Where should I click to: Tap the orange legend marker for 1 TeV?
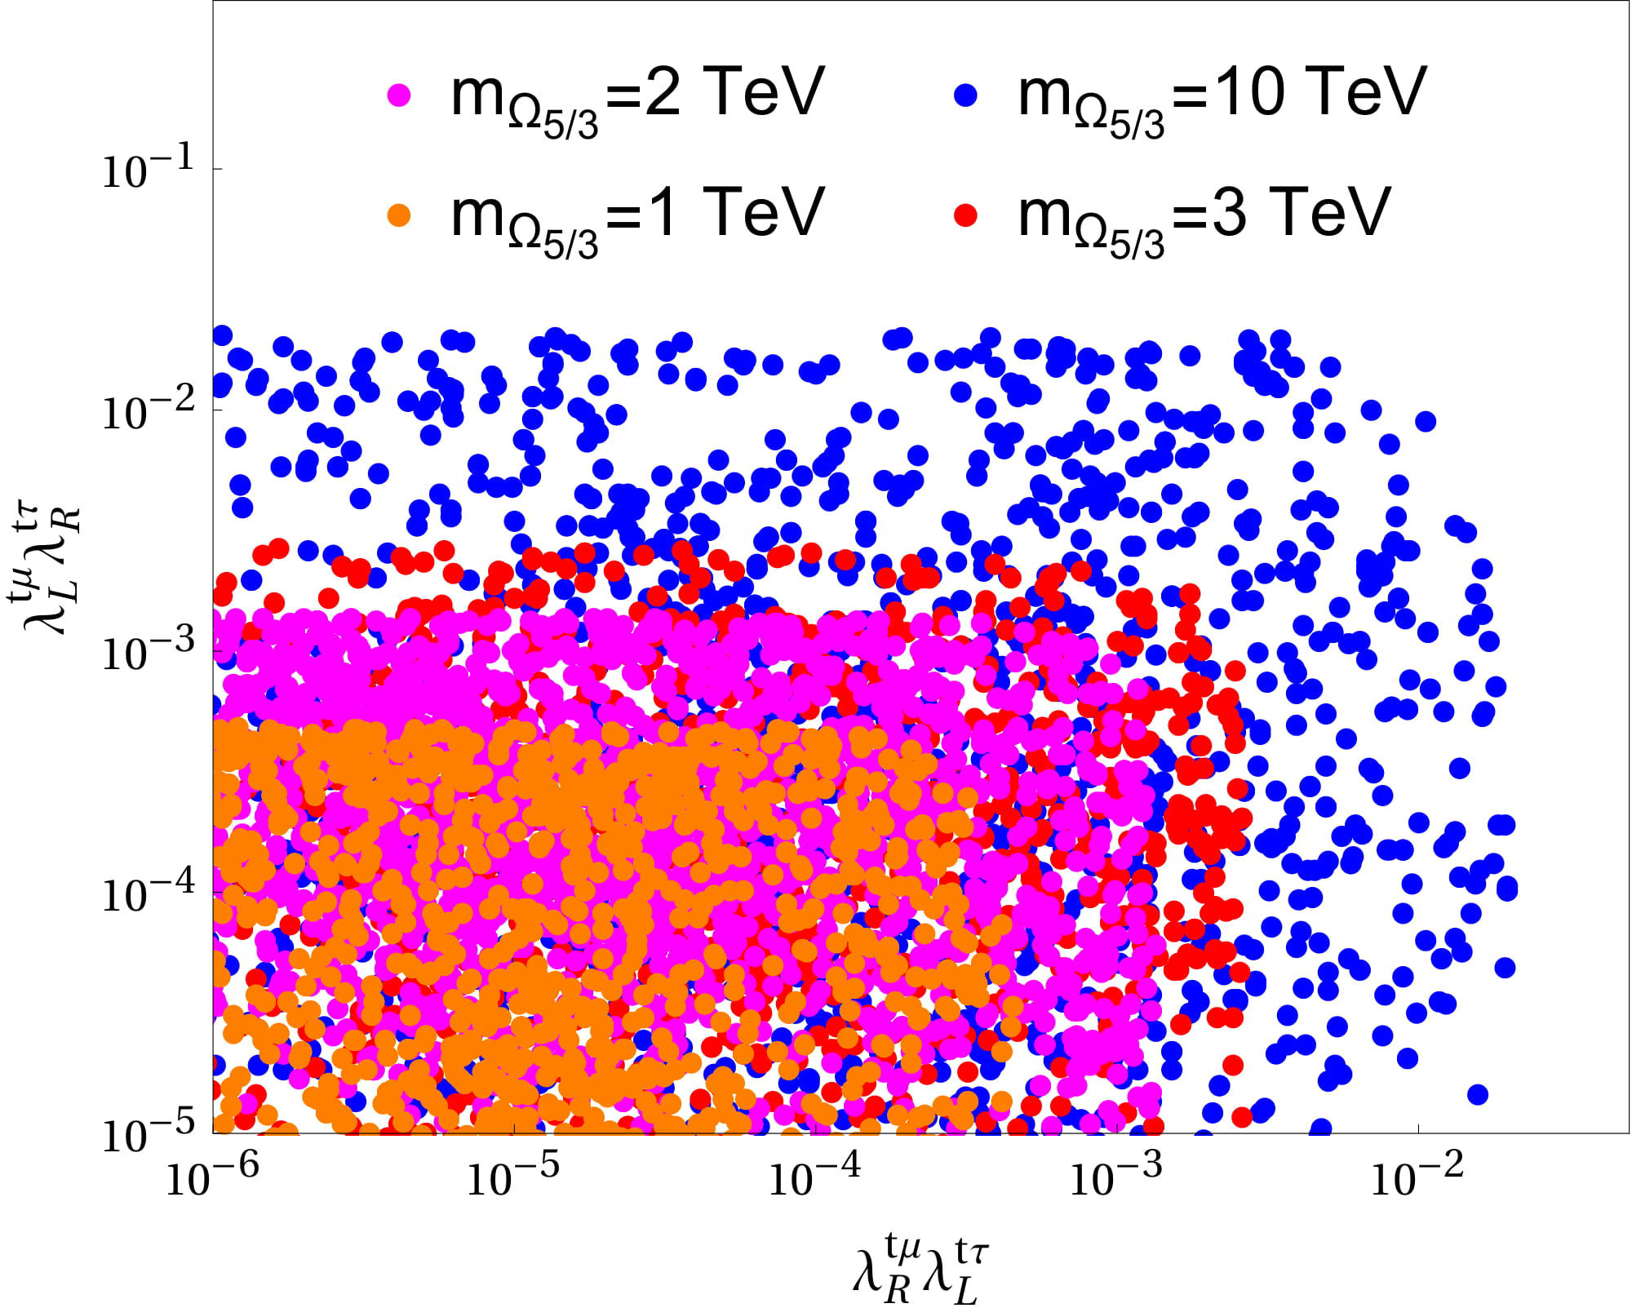tap(399, 215)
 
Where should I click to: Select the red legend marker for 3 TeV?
tap(965, 215)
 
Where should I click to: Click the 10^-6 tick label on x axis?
tap(212, 1177)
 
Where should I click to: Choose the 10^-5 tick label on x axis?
tap(513, 1177)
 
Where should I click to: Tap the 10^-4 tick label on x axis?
tap(814, 1177)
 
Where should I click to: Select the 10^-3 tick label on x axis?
tap(1115, 1177)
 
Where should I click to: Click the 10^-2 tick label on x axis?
tap(1417, 1177)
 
